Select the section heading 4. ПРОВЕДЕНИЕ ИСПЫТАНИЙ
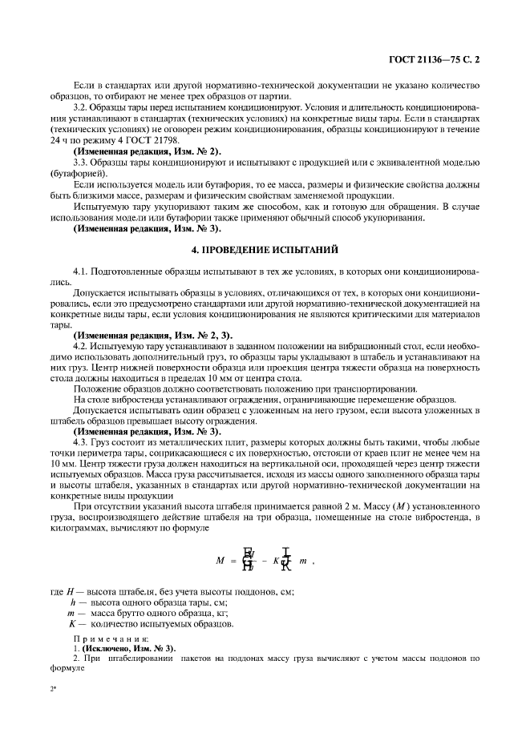click(265, 250)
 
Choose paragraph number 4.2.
click(81, 345)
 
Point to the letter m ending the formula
click(302, 562)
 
